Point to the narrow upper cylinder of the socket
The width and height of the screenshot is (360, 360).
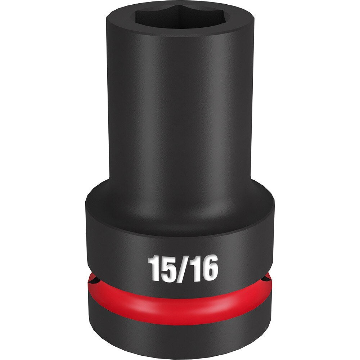pos(180,108)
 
